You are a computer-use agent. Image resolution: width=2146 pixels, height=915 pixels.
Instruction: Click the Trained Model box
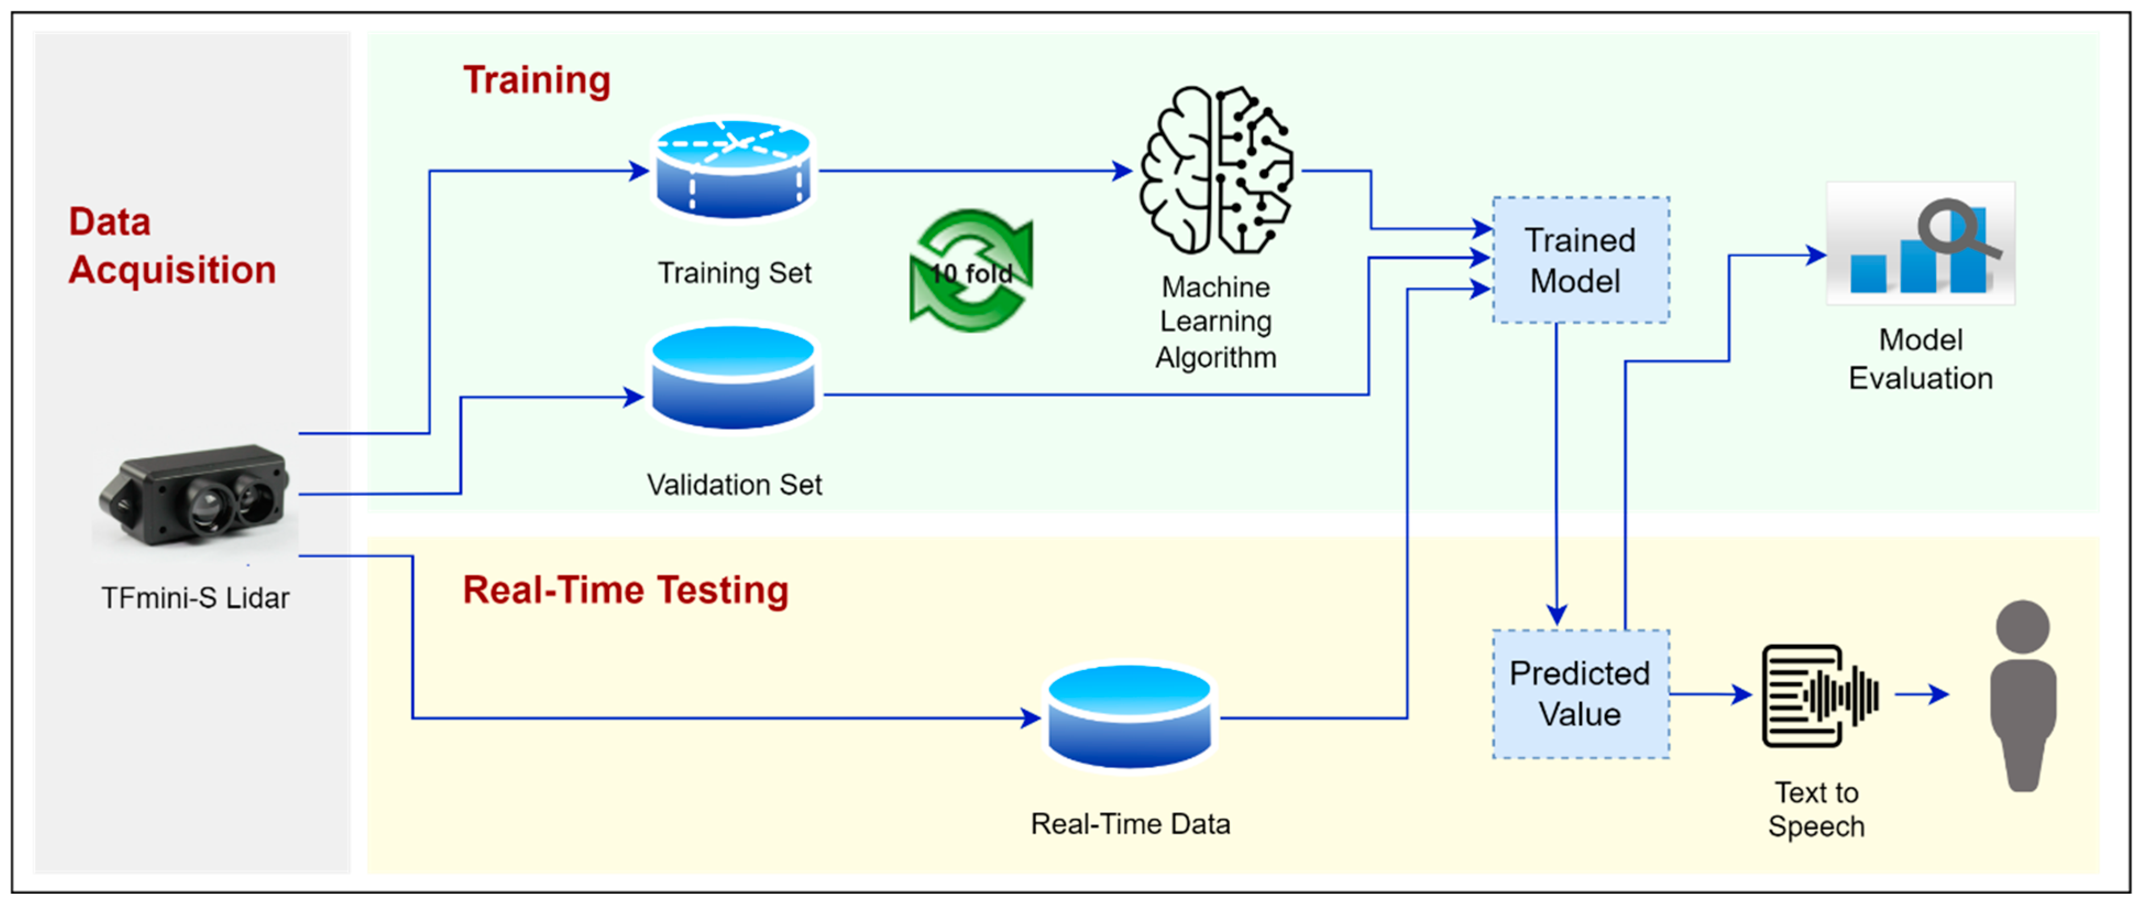(1580, 260)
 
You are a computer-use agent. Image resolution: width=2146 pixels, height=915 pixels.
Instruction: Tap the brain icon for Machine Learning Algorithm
(1217, 171)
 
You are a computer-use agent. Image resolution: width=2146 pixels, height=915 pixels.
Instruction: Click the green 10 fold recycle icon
(971, 271)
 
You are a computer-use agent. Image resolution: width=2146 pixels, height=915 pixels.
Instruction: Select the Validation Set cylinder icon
(733, 377)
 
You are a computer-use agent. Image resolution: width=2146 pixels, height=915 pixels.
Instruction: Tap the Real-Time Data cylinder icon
(1130, 717)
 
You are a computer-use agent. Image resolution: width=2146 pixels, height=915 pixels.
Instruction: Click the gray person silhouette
(2023, 696)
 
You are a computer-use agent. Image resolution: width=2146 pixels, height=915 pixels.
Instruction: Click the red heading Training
(537, 81)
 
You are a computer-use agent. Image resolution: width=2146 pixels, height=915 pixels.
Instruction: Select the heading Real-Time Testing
(625, 590)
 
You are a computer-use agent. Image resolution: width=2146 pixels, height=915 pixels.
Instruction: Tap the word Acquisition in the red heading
(172, 270)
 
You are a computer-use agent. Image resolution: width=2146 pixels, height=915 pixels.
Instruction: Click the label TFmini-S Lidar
(195, 598)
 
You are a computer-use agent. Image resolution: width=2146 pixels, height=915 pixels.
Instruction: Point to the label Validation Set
(734, 484)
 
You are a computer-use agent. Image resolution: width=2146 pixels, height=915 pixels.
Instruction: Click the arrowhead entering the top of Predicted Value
(1556, 615)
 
